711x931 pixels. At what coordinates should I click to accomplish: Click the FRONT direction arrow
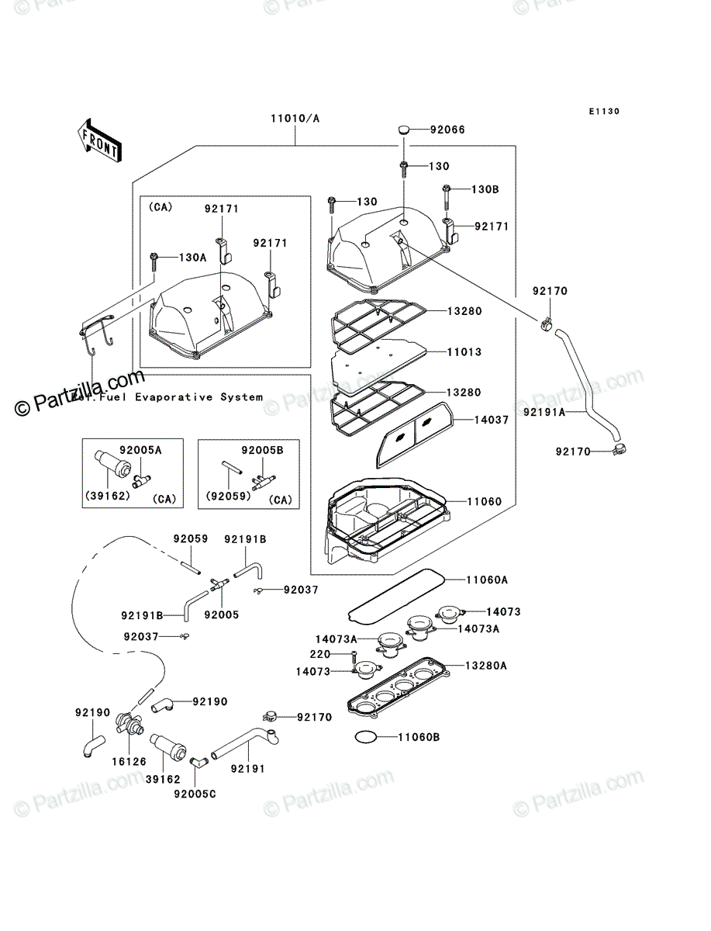(99, 140)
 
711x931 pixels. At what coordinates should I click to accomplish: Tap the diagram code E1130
(604, 112)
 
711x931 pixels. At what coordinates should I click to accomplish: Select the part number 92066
(447, 130)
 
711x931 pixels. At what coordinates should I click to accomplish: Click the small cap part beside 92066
(404, 130)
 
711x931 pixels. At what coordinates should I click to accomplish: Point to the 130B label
(485, 189)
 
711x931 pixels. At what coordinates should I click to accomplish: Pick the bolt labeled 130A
(154, 262)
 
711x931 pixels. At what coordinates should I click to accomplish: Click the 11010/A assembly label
(295, 119)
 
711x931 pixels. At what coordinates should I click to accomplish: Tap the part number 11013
(464, 352)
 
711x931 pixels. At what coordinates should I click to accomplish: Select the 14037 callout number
(492, 420)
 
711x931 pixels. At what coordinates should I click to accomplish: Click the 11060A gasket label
(487, 580)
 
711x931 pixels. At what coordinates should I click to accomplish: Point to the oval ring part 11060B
(366, 738)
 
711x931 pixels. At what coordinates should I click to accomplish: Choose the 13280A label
(486, 666)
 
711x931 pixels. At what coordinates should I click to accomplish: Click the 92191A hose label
(544, 412)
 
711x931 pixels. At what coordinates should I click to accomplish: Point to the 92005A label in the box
(140, 451)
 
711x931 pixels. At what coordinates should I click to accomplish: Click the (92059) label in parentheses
(229, 496)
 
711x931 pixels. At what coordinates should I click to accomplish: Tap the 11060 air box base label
(485, 502)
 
